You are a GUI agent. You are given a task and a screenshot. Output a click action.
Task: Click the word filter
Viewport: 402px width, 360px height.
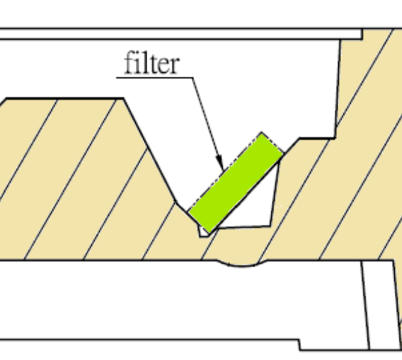(151, 63)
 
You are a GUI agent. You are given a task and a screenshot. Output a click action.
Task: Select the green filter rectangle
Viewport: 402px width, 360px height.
(236, 182)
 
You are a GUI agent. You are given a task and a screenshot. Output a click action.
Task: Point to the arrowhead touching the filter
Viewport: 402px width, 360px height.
(219, 162)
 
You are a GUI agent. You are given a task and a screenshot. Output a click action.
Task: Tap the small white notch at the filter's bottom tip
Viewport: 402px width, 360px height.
(203, 232)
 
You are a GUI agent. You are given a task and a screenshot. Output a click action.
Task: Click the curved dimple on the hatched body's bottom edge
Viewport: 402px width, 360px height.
(242, 264)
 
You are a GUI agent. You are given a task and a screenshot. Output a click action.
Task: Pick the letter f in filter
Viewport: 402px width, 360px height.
(130, 62)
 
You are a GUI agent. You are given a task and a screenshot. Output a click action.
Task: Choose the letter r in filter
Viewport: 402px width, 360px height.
(174, 66)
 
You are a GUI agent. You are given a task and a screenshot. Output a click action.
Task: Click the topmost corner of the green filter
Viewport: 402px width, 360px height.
(261, 132)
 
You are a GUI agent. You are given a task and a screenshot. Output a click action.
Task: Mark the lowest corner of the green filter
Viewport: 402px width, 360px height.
(209, 233)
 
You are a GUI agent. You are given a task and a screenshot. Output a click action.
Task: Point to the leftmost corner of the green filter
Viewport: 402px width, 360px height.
(188, 211)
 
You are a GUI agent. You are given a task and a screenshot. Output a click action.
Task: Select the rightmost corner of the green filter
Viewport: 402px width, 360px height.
(283, 153)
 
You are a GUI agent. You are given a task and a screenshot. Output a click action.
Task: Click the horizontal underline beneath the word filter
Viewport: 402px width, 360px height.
(154, 77)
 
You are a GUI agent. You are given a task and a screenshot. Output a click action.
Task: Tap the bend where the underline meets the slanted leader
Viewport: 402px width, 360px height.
(193, 77)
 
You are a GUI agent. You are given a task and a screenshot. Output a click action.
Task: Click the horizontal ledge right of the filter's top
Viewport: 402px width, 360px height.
(317, 139)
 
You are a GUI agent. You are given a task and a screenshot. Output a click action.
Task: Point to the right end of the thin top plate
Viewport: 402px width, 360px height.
(362, 34)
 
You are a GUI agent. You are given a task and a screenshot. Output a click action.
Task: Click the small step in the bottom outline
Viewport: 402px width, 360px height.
(299, 344)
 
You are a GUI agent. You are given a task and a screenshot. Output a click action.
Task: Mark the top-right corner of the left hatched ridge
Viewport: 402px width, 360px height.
(124, 98)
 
